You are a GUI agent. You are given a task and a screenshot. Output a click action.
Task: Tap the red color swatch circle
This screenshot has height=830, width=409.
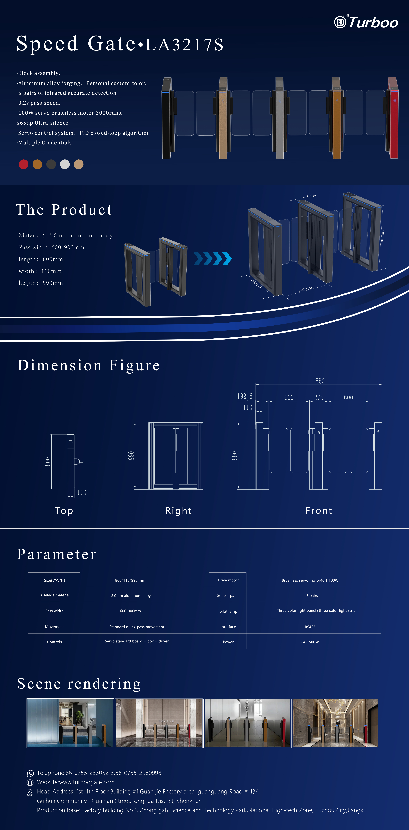23,164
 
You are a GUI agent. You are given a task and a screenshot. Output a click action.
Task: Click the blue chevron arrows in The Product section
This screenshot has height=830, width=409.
212,258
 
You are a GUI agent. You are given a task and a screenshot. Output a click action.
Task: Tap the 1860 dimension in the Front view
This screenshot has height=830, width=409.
319,381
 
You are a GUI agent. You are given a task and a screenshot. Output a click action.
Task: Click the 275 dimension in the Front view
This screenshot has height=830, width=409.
319,397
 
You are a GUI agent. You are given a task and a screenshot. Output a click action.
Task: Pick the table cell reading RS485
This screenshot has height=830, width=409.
310,627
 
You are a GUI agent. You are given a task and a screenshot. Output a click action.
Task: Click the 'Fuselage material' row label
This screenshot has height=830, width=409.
54,595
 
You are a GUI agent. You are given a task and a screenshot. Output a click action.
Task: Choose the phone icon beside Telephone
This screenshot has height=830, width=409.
30,773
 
